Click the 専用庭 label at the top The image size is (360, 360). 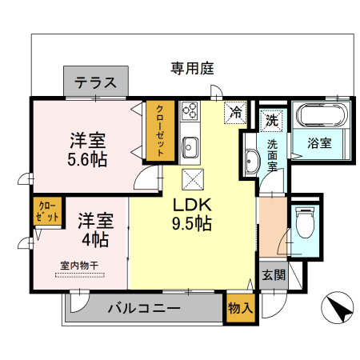(x=192, y=69)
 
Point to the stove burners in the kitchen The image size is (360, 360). (x=190, y=111)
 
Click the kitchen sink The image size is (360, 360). (x=190, y=146)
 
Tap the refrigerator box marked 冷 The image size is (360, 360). (x=236, y=113)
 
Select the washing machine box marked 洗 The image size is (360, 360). (x=271, y=121)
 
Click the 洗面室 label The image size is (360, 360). (x=272, y=155)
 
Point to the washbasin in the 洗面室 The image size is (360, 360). (x=250, y=163)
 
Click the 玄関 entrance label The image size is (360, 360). (x=273, y=274)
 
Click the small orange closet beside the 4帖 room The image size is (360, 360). (x=47, y=212)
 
